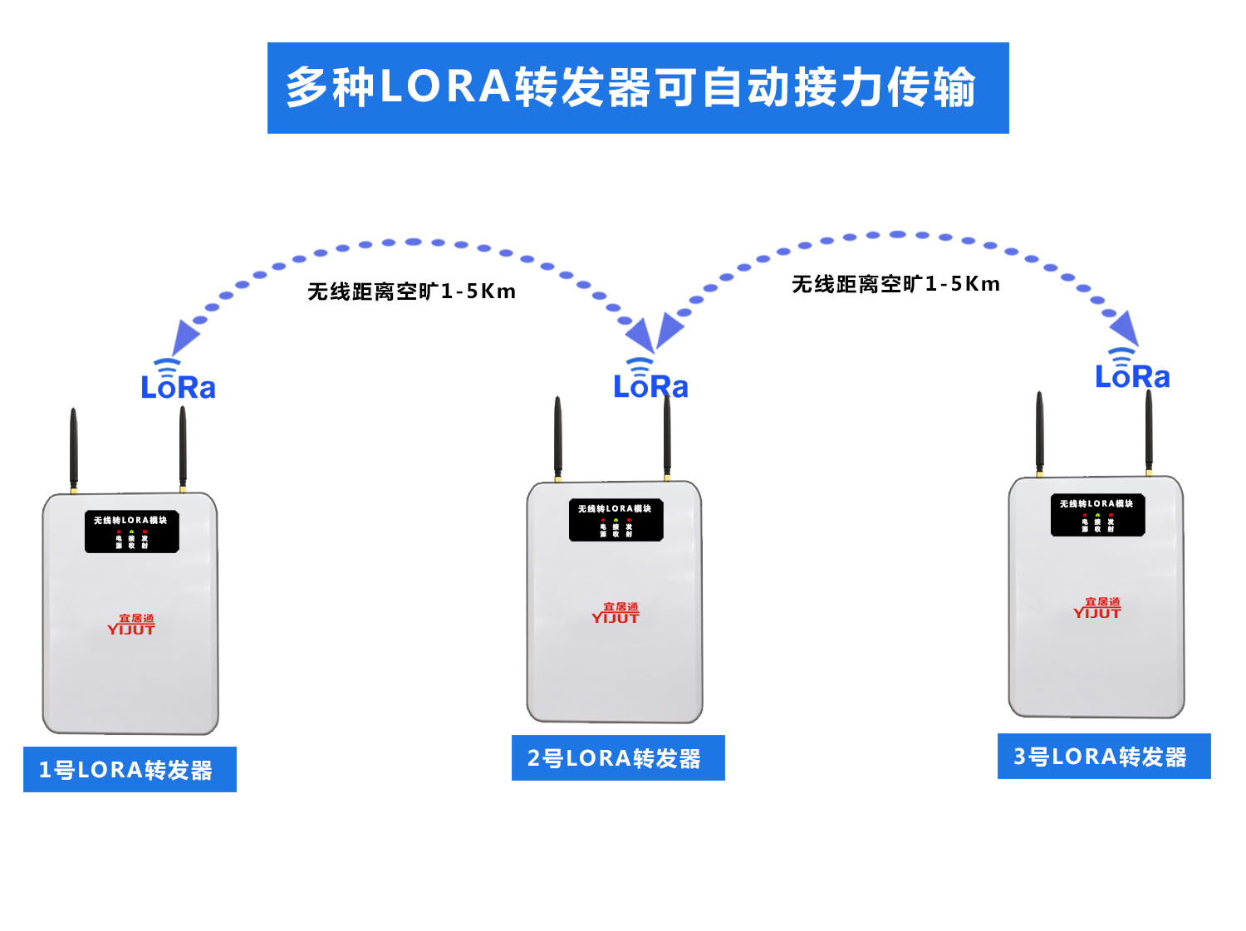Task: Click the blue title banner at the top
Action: [x=638, y=88]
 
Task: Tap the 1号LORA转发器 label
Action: [x=130, y=769]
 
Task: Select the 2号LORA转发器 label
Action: [x=618, y=757]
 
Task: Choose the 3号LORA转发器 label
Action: [x=1104, y=756]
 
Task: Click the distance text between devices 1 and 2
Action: [x=411, y=292]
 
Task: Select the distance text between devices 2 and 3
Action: [x=895, y=284]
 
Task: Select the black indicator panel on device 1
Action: [x=131, y=532]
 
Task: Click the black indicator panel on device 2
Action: [x=616, y=520]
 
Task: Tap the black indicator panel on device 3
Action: [x=1097, y=515]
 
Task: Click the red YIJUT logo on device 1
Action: [x=131, y=625]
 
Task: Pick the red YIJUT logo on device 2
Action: [x=616, y=613]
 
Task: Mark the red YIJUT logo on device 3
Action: [x=1097, y=608]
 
